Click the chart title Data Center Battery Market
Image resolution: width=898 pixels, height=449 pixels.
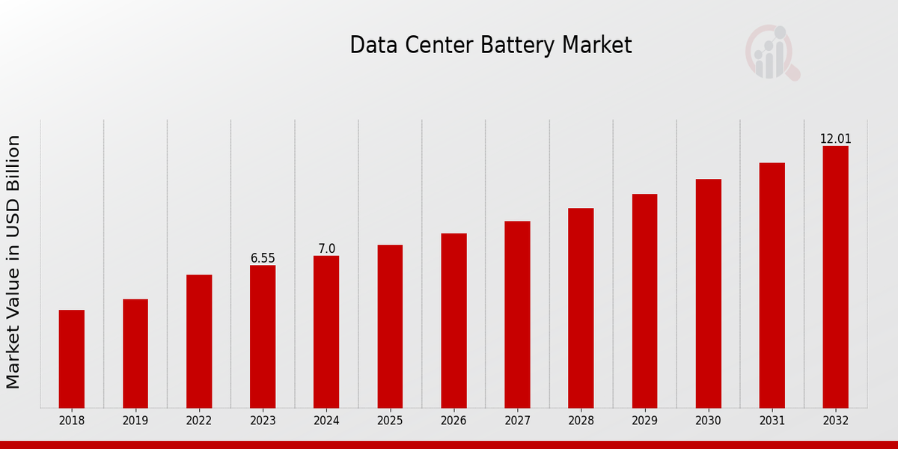(490, 46)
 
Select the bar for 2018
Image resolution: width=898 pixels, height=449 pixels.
(72, 358)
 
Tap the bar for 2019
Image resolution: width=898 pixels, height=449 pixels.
(135, 353)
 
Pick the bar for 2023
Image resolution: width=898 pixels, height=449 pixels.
(263, 336)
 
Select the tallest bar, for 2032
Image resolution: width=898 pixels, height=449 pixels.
(835, 277)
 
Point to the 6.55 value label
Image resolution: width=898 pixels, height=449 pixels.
(263, 258)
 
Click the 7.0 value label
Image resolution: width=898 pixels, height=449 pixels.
(326, 248)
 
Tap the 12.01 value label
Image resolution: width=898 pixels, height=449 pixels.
(835, 139)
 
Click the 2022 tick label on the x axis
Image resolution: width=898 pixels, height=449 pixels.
(199, 421)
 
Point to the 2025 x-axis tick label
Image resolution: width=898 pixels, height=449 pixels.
(390, 421)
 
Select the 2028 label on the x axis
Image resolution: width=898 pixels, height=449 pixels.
(581, 421)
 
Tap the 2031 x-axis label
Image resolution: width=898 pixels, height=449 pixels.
(772, 421)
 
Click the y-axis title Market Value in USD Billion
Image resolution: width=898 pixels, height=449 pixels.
(13, 262)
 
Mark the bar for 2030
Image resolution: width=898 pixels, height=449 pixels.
(708, 293)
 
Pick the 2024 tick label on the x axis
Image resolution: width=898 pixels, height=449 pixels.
(326, 421)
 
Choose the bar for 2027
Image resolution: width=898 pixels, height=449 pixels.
(517, 314)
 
